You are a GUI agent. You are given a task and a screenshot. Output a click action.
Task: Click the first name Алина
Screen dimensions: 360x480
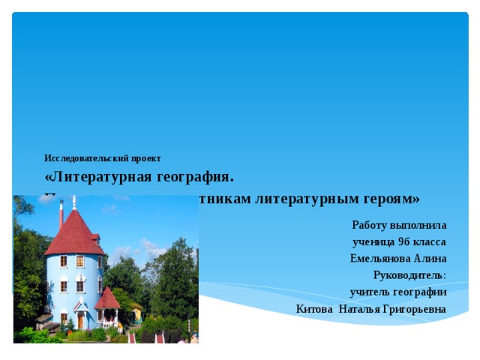(x=431, y=258)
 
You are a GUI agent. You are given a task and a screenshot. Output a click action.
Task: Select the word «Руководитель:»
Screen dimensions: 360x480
(x=409, y=274)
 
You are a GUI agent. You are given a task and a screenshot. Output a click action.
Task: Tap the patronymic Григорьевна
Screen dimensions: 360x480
(x=413, y=308)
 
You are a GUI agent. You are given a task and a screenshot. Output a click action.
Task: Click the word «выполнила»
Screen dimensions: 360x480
(x=416, y=224)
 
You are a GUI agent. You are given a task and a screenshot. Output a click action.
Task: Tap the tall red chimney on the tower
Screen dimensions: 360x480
(x=61, y=214)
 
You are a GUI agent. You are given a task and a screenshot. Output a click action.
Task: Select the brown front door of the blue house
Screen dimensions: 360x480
(x=80, y=319)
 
